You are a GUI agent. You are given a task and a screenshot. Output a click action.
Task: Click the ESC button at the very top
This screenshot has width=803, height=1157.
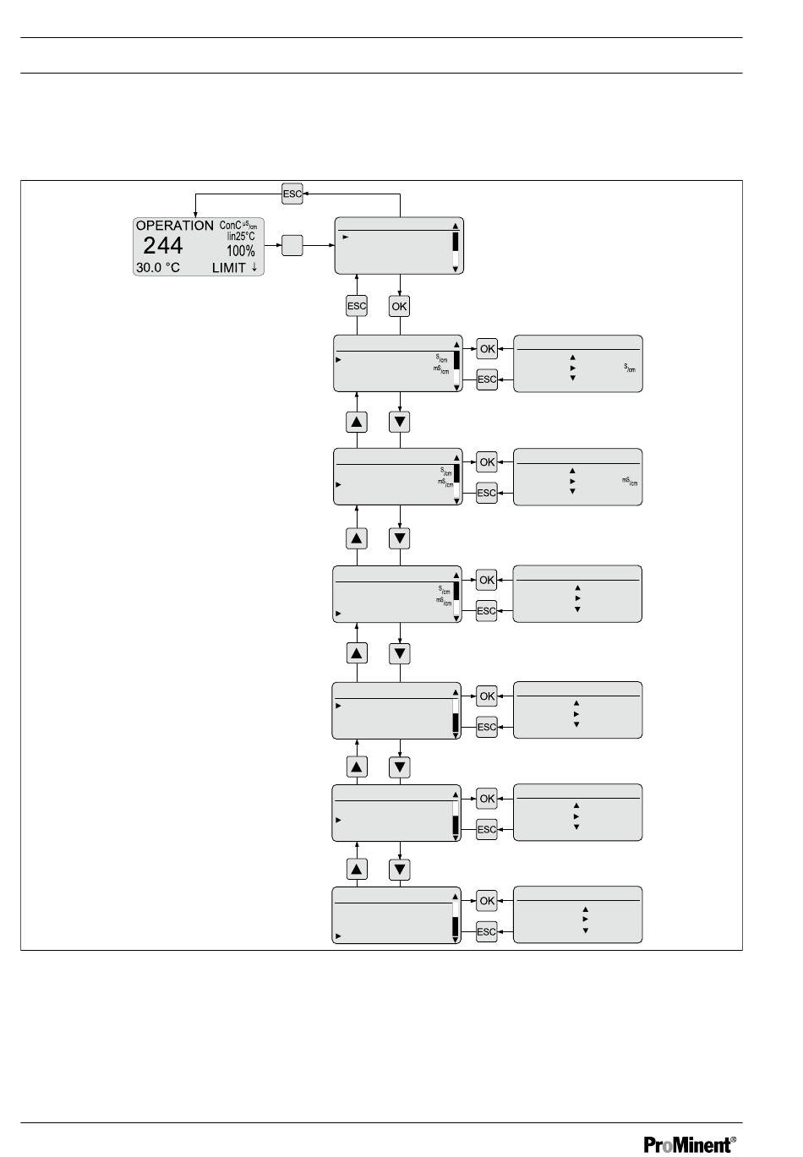click(x=292, y=193)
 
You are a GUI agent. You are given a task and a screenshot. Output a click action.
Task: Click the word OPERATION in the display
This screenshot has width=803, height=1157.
click(x=175, y=226)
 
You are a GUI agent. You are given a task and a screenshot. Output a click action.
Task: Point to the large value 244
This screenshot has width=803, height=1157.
click(x=162, y=247)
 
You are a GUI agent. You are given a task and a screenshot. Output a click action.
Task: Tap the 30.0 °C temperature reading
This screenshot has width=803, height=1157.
click(x=158, y=268)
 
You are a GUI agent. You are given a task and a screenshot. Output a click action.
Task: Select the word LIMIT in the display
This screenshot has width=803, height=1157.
click(x=228, y=268)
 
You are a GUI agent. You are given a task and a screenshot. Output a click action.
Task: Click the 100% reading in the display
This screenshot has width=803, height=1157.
click(x=240, y=252)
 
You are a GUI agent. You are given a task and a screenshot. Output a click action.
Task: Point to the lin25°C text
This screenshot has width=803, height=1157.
click(x=241, y=237)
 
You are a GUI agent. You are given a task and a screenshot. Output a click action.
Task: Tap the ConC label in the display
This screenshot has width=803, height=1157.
click(x=230, y=226)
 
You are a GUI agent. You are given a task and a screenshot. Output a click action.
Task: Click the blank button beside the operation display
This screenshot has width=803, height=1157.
click(x=292, y=246)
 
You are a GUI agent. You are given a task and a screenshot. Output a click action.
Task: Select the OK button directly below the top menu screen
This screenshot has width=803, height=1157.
click(x=400, y=306)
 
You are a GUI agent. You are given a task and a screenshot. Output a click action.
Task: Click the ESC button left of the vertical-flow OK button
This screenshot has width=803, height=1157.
click(x=357, y=306)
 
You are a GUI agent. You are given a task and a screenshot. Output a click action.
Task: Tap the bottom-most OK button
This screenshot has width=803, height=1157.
click(x=487, y=901)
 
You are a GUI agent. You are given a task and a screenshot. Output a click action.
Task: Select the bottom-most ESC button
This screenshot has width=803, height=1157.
click(x=487, y=932)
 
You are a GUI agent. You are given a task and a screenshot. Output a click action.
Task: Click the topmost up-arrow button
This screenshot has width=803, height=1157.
click(x=357, y=421)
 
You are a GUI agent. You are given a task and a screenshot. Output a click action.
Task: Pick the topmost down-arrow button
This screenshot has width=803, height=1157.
click(x=400, y=421)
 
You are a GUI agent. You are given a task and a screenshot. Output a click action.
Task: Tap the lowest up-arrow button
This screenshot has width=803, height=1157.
click(x=357, y=870)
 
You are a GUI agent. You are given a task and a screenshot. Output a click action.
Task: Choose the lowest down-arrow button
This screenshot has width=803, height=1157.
click(x=400, y=870)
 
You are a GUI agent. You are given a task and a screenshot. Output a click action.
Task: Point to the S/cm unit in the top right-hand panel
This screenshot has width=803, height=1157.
click(x=631, y=368)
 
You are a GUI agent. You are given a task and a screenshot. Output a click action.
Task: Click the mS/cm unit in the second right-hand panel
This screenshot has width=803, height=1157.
click(x=630, y=482)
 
